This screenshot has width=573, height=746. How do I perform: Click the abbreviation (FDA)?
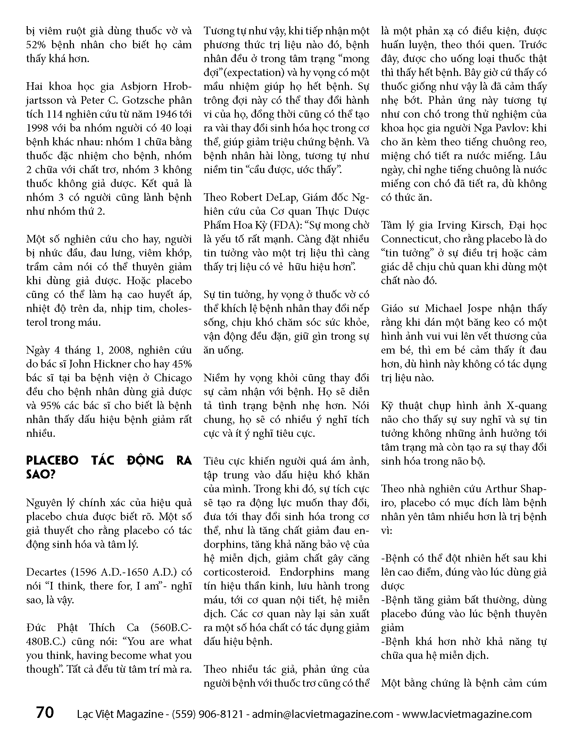click(281, 225)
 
